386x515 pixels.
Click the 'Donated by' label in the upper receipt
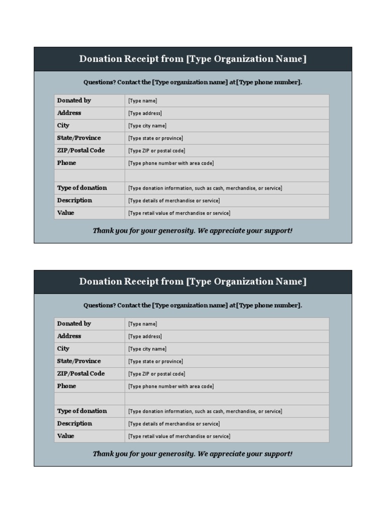point(74,100)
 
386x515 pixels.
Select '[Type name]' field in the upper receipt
point(143,101)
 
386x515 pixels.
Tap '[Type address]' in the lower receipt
point(145,336)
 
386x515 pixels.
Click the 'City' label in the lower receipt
point(63,349)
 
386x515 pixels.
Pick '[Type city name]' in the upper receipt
point(147,126)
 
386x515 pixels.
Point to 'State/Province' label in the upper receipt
point(79,138)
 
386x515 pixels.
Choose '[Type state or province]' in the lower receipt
point(155,362)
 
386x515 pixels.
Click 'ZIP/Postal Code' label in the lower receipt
point(81,374)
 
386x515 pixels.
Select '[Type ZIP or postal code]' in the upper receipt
point(156,151)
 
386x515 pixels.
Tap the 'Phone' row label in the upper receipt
point(67,163)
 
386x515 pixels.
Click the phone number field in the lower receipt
point(171,386)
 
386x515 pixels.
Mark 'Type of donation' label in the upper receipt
point(82,188)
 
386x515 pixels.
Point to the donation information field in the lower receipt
point(205,411)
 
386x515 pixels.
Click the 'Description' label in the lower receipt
point(74,423)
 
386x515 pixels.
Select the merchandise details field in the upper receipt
point(174,201)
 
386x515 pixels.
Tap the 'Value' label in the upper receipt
point(66,213)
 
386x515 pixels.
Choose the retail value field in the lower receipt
point(179,437)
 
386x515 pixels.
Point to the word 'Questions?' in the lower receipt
point(100,305)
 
